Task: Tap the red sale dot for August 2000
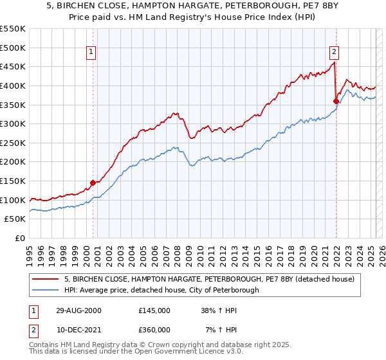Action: tap(93, 183)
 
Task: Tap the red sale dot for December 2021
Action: tap(336, 101)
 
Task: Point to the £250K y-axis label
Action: tap(13, 143)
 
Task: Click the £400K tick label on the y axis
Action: tap(13, 85)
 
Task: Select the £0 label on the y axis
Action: tap(20, 238)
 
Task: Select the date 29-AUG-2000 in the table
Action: tap(78, 310)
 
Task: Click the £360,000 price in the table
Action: tap(154, 329)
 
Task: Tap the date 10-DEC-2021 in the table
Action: tap(78, 329)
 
